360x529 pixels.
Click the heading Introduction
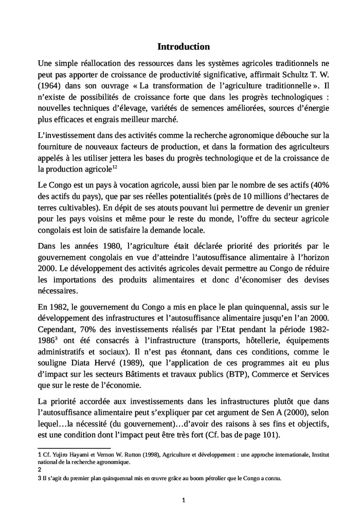click(183, 47)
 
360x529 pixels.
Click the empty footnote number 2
click(40, 469)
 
